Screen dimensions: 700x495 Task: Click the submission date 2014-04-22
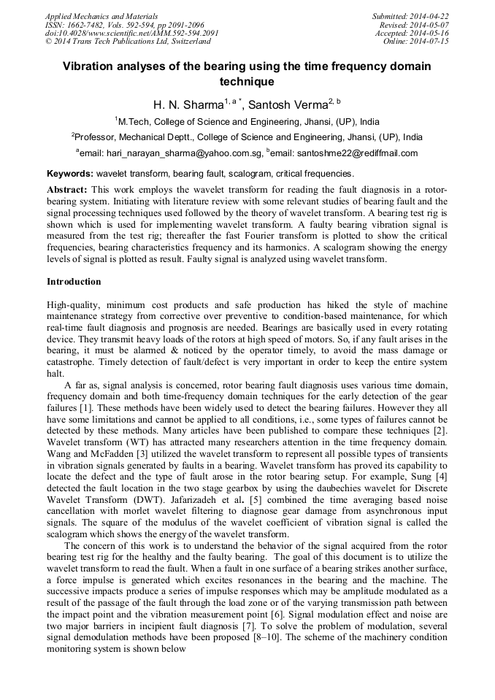[429, 15]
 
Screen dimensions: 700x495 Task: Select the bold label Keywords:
[70, 174]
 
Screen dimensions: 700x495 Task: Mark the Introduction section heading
[74, 282]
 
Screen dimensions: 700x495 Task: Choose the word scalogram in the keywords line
[239, 174]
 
